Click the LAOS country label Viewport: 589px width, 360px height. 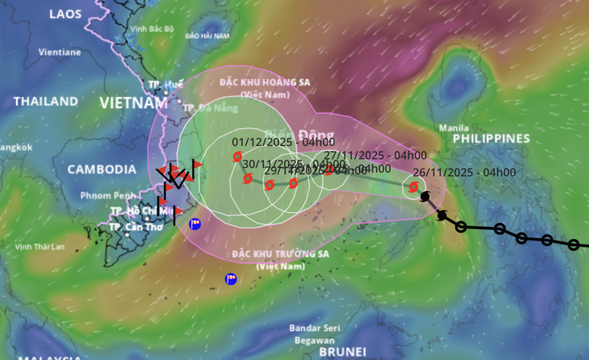point(65,14)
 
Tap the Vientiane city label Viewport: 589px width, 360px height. point(60,52)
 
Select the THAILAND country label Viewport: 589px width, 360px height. point(45,102)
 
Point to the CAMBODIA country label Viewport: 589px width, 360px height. point(102,170)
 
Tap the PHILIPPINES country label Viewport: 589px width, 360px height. point(491,139)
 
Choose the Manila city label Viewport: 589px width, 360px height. point(453,128)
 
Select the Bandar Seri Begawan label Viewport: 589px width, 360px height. point(315,333)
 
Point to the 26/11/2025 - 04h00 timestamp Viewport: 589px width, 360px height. point(464,172)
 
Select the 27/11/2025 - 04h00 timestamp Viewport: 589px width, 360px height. point(375,155)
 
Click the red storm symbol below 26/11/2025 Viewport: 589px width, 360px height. point(413,187)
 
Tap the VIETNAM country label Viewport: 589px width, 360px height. point(134,103)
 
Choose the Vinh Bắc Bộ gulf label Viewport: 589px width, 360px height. point(152,29)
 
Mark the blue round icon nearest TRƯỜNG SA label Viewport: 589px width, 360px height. point(231,279)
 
